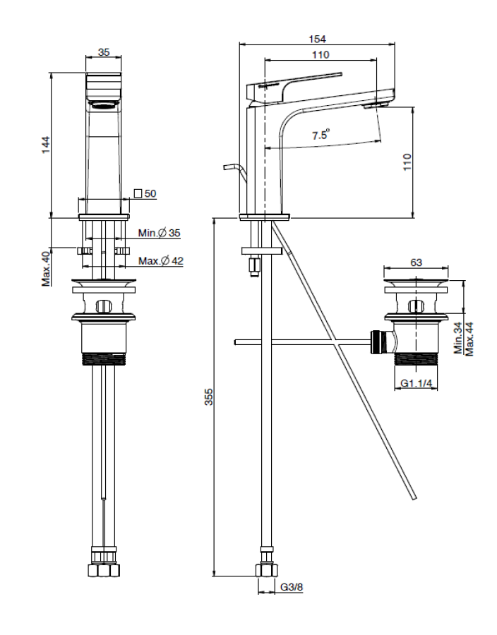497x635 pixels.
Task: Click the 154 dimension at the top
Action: pos(318,40)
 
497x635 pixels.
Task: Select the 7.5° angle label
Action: pos(319,135)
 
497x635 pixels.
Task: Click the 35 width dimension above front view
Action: pos(104,52)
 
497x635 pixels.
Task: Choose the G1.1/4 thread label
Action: pos(417,384)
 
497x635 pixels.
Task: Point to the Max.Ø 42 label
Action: pos(161,261)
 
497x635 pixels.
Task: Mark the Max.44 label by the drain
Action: pos(469,338)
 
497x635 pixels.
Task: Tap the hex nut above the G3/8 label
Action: pos(266,569)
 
